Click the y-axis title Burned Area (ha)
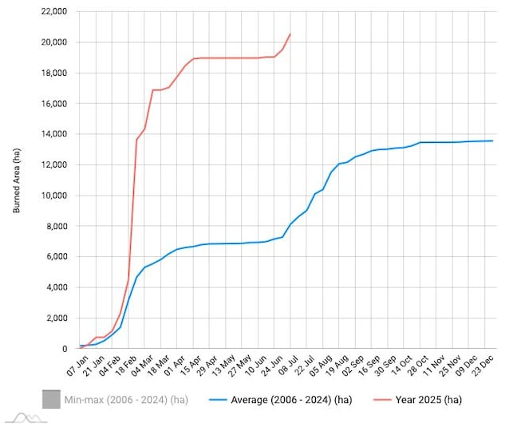[x=17, y=180]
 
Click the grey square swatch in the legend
[x=52, y=399]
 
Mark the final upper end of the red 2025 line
[x=290, y=34]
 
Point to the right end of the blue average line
[x=493, y=141]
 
